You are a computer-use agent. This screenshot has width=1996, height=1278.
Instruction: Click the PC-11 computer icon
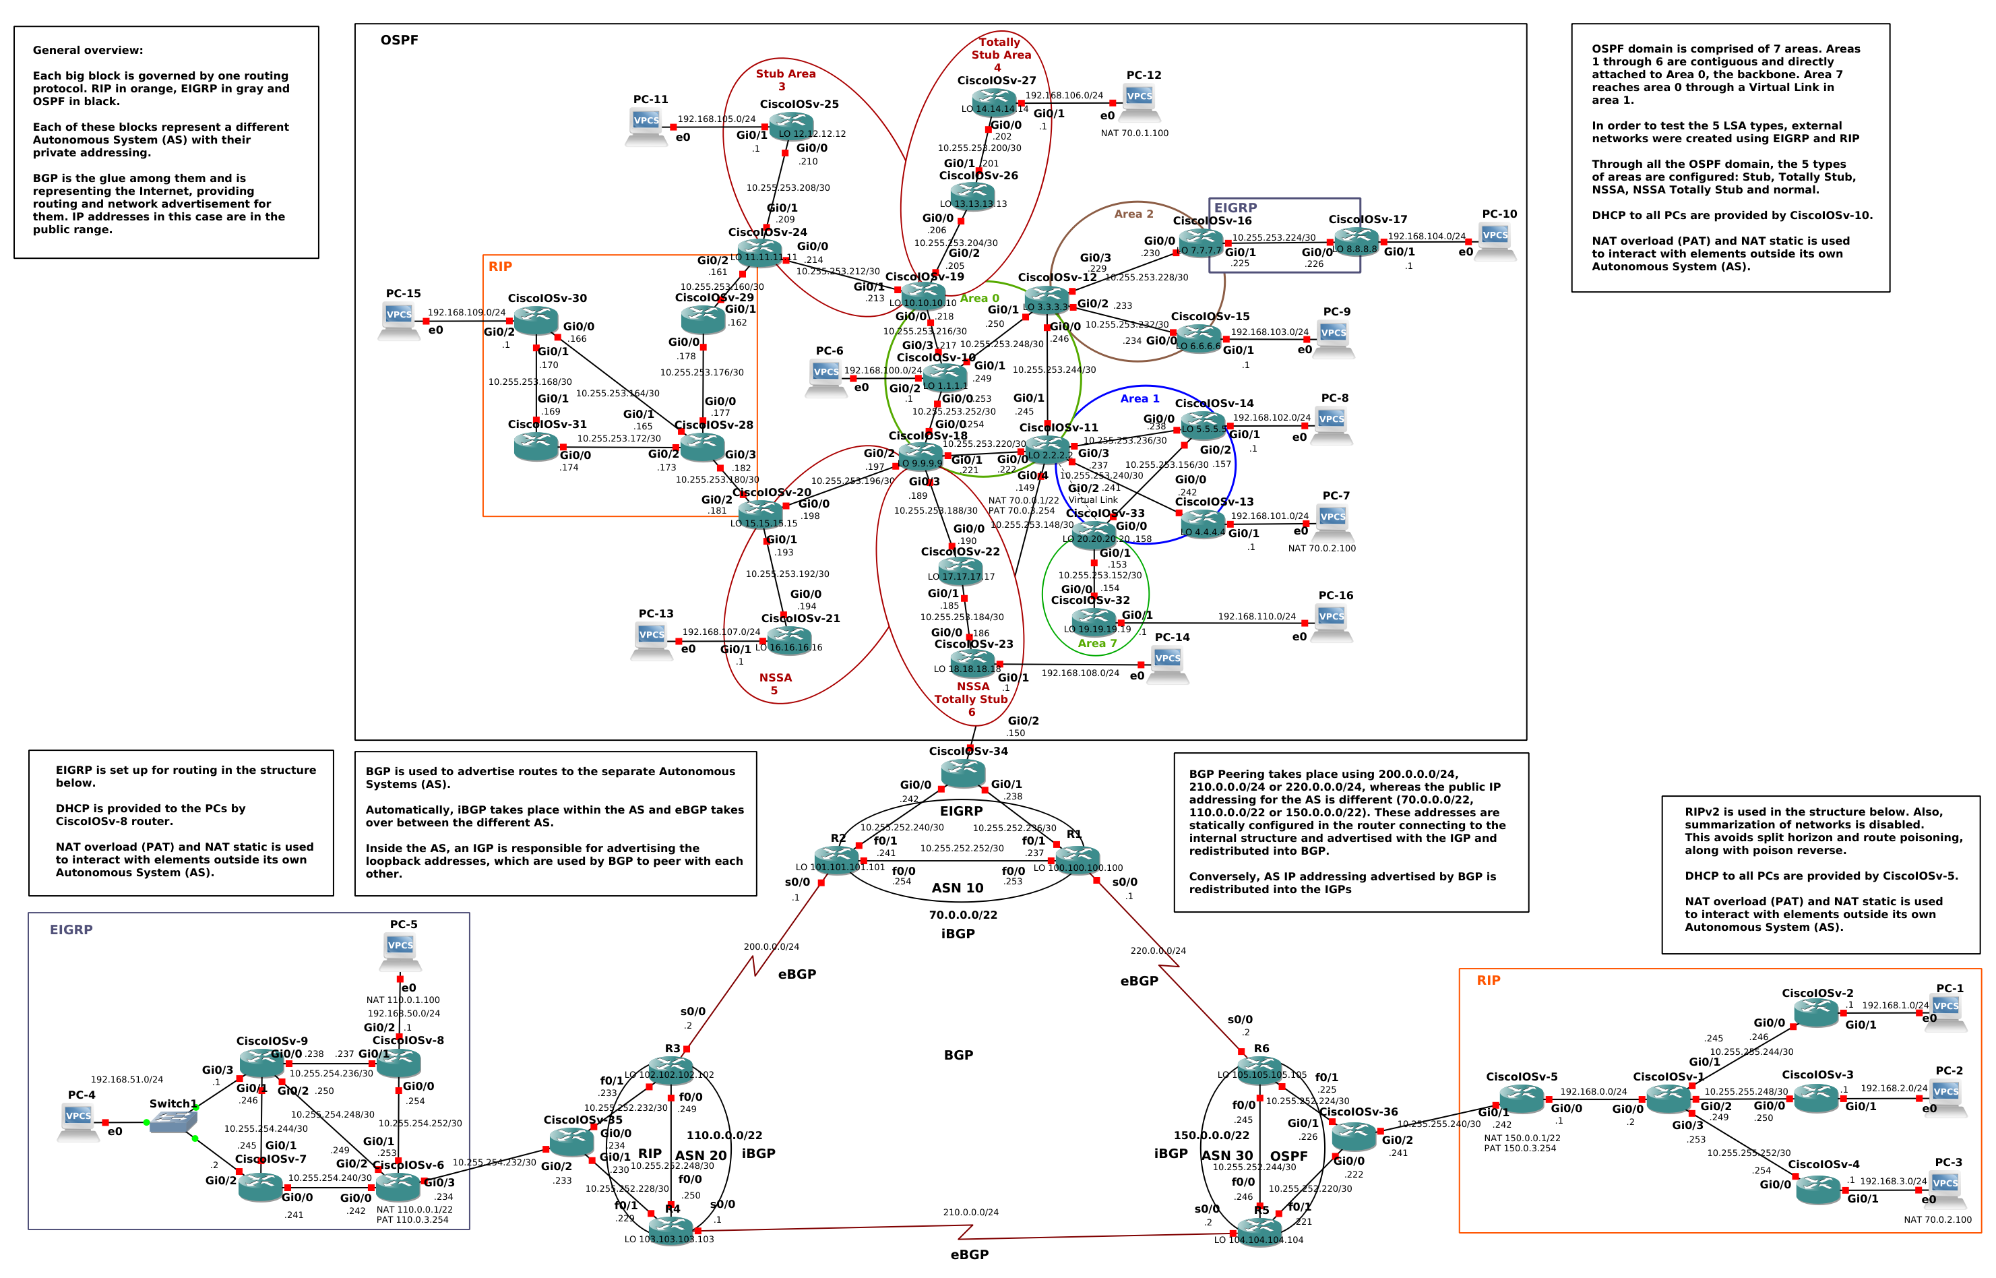[646, 126]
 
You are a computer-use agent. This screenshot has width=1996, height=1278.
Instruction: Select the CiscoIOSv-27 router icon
[994, 102]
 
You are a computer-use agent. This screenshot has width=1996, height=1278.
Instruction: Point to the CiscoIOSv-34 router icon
[963, 773]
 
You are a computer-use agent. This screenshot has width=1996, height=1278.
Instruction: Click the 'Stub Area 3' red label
[785, 80]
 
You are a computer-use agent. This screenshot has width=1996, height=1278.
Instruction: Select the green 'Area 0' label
[980, 298]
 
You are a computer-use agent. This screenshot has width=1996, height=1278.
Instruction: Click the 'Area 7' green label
[1096, 643]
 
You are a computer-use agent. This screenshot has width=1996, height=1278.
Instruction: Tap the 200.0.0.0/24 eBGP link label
[771, 946]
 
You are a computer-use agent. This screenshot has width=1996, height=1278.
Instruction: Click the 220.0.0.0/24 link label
[1157, 950]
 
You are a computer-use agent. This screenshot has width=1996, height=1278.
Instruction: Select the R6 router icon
[1259, 1070]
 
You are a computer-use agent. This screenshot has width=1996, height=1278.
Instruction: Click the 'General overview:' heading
[87, 50]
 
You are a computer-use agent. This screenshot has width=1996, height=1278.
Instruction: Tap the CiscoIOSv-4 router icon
[1817, 1189]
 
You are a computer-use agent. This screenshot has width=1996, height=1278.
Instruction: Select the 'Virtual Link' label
[1092, 499]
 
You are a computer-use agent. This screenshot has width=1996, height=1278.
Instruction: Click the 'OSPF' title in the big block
[399, 40]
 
